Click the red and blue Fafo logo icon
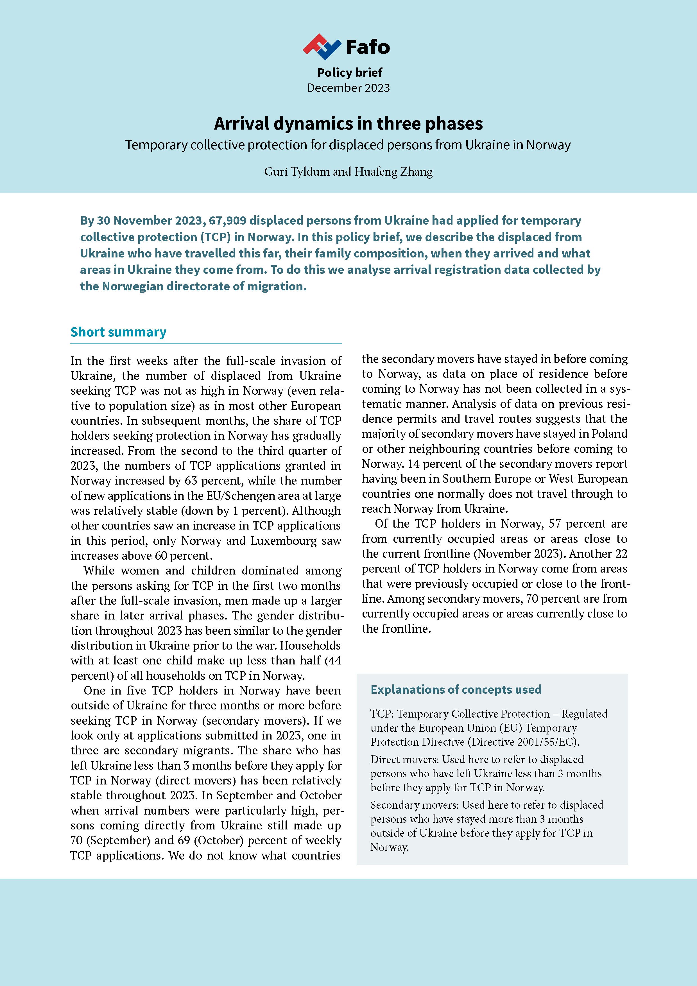pos(322,46)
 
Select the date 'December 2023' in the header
pos(348,88)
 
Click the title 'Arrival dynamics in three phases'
pos(348,124)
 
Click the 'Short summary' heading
pos(119,332)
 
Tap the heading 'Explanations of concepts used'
pos(456,690)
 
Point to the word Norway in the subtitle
pos(548,145)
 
